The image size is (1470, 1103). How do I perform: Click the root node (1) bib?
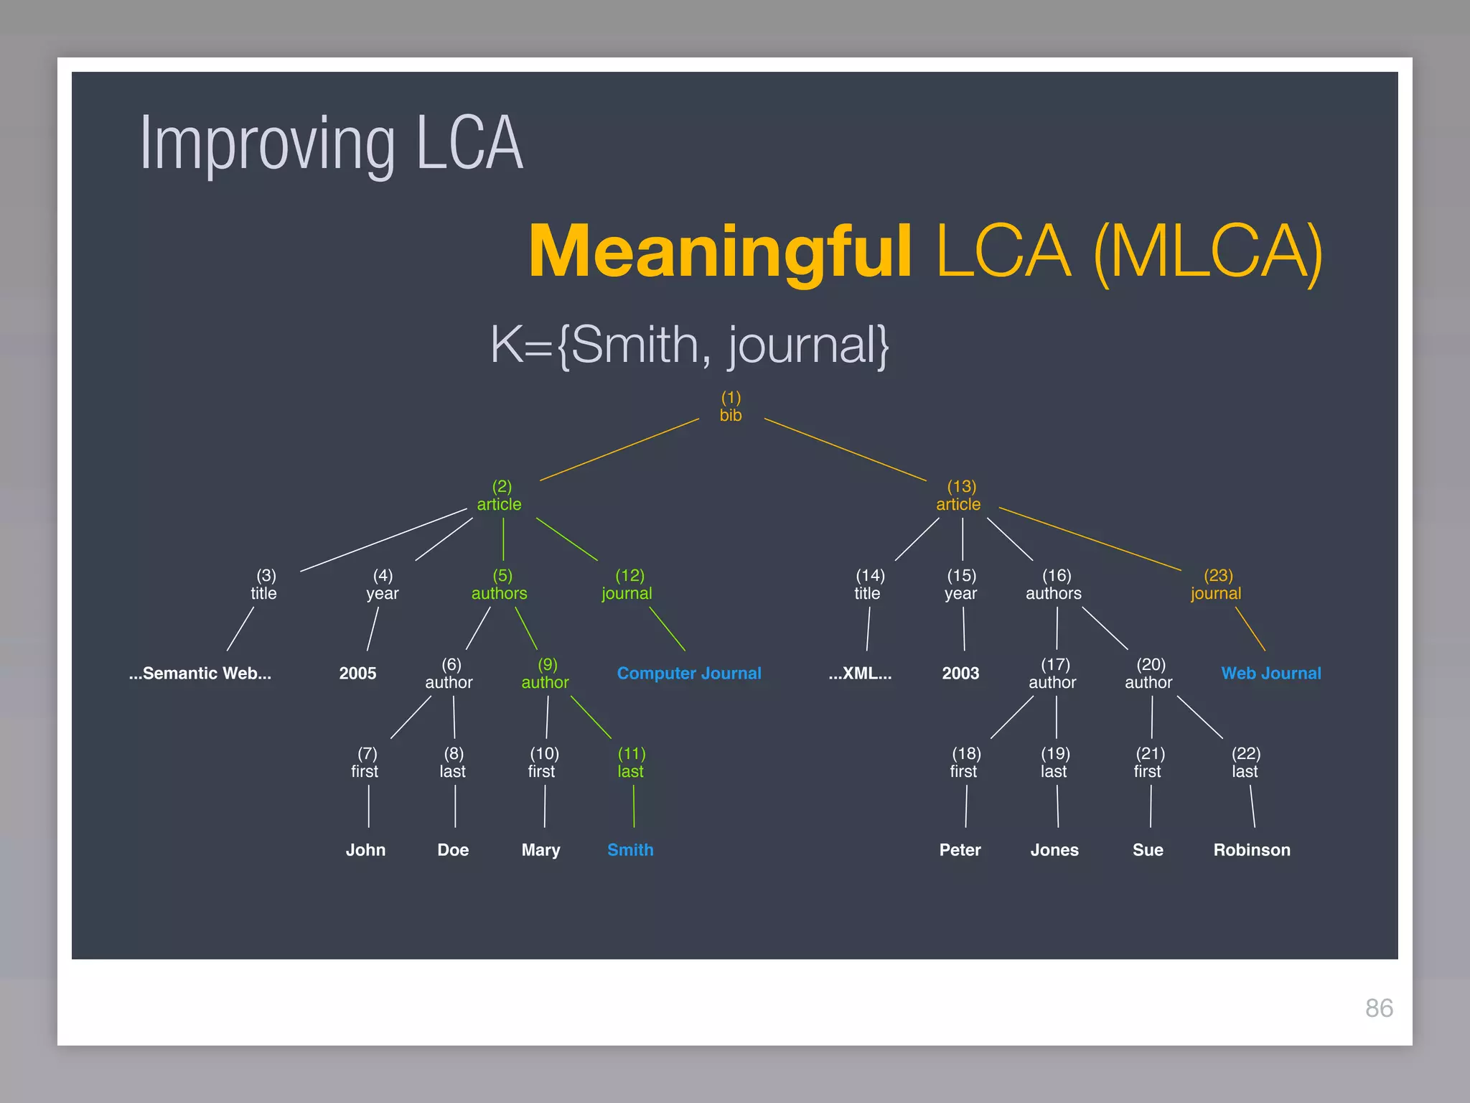(731, 407)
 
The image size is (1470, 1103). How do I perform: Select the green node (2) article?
(500, 496)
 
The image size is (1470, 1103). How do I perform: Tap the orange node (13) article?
(959, 496)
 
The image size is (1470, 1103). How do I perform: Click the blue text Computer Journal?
(689, 674)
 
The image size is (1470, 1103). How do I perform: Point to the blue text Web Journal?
(1271, 674)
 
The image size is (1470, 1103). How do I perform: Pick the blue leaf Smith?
(630, 850)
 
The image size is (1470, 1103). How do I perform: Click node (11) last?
(631, 763)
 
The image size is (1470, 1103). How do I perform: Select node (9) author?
(546, 674)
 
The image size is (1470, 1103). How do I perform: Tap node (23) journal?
(1217, 585)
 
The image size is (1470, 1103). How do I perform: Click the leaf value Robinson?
(1252, 850)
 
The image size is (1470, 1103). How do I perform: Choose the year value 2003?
(960, 674)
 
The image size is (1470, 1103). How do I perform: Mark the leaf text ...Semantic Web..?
(200, 674)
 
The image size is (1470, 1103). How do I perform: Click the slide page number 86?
(1379, 1008)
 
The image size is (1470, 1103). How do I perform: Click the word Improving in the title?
(267, 146)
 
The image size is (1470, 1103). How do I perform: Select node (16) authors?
(1054, 585)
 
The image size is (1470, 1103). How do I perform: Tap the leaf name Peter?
(960, 850)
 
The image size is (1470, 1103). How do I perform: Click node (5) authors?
(500, 585)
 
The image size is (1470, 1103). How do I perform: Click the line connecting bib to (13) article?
(846, 450)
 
